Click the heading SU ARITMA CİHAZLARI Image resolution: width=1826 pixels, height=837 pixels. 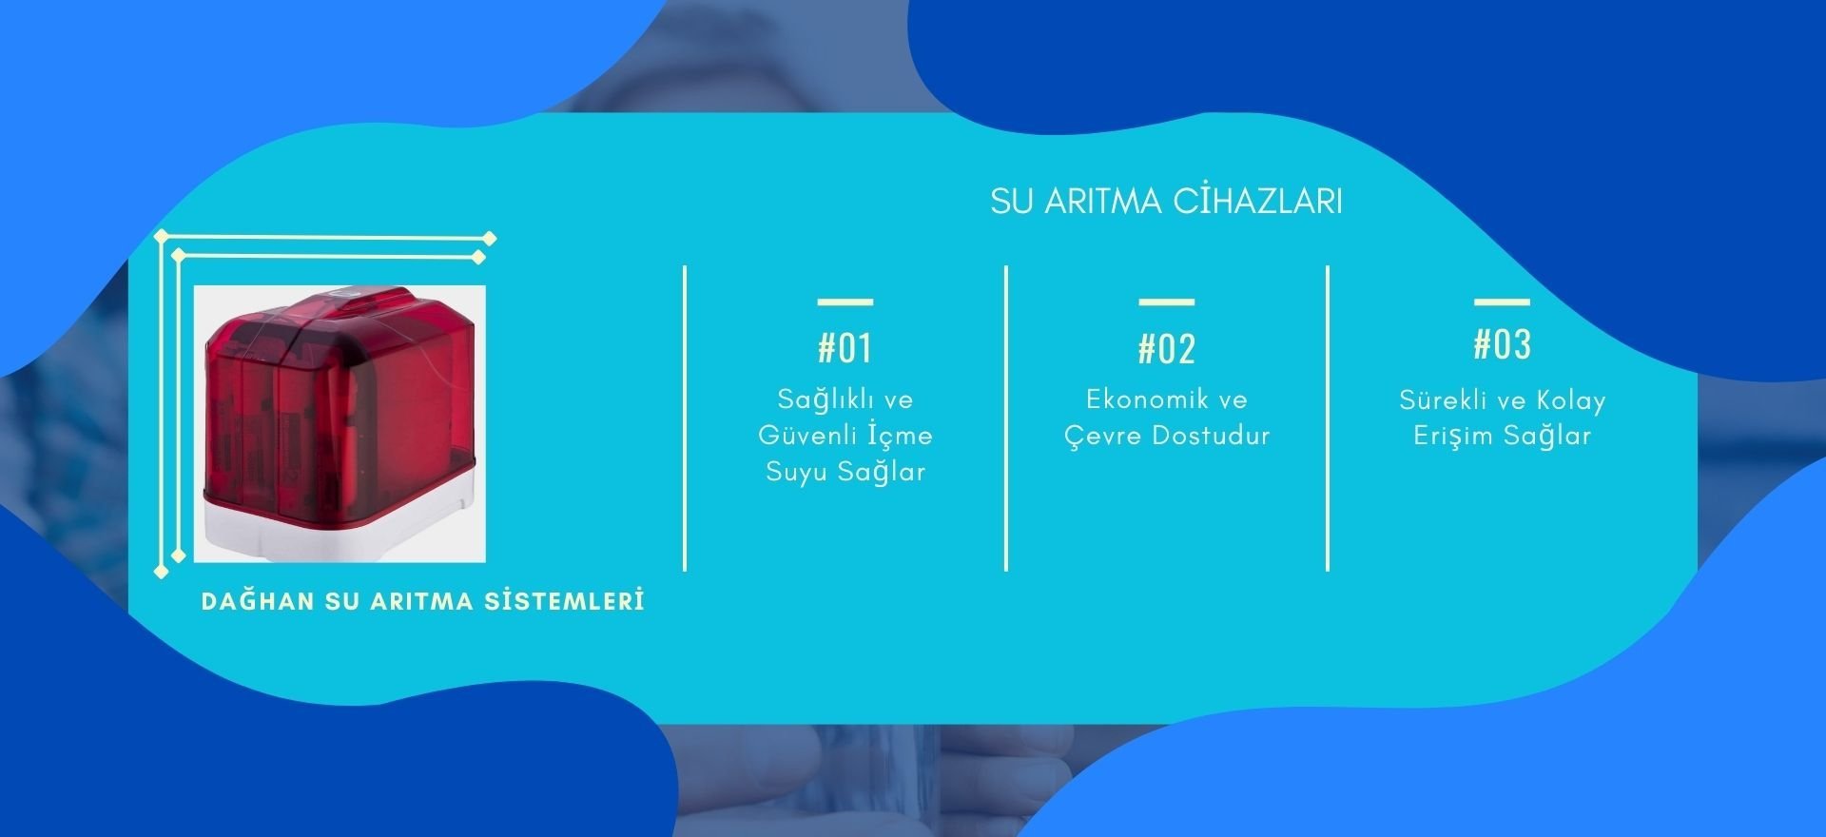click(1166, 201)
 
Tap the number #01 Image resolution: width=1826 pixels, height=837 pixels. click(845, 348)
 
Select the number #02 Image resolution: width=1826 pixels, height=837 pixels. click(1167, 349)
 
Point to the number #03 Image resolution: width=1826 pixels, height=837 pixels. click(1503, 344)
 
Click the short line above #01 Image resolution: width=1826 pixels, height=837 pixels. click(845, 302)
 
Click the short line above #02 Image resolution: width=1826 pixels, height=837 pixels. click(1167, 302)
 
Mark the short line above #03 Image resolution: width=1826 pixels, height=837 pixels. click(1503, 302)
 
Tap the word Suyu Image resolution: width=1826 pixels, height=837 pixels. click(796, 472)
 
